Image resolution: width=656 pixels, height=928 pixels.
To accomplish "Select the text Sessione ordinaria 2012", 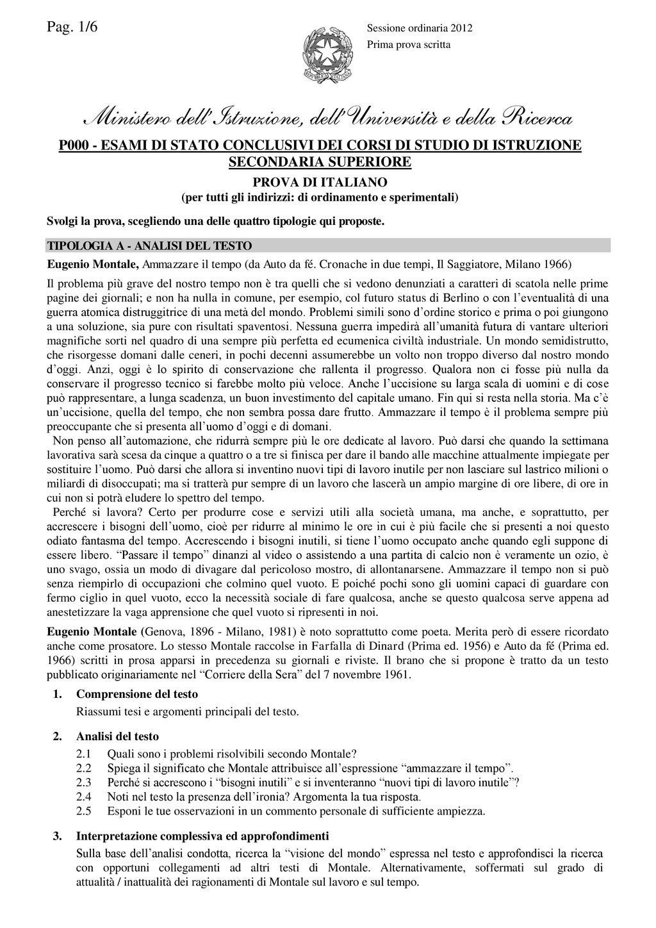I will (x=419, y=28).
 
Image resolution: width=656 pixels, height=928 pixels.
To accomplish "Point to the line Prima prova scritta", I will (x=408, y=44).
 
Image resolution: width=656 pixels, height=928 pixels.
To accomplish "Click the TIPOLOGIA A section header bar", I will (x=329, y=246).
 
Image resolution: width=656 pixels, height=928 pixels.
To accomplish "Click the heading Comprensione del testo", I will (x=136, y=694).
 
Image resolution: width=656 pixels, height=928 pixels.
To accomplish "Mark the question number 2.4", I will (x=84, y=797).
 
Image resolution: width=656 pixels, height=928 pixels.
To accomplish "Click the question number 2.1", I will (x=84, y=754).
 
